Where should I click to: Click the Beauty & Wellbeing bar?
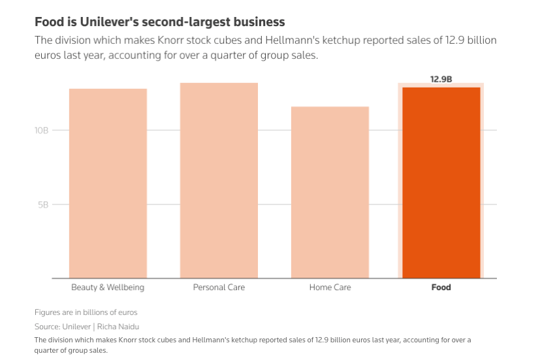pos(108,183)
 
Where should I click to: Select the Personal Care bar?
pos(219,180)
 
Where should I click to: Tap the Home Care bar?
pos(330,192)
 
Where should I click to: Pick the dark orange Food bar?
pos(441,182)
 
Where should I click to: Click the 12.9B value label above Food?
pos(441,79)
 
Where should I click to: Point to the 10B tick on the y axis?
pos(42,130)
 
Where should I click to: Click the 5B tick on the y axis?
pos(43,205)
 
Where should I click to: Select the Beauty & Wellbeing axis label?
pos(108,287)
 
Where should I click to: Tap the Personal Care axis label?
pos(219,287)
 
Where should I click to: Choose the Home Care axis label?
pos(330,287)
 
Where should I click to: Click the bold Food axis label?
pos(441,287)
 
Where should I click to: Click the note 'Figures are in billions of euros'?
pos(86,312)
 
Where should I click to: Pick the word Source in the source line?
pos(47,326)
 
